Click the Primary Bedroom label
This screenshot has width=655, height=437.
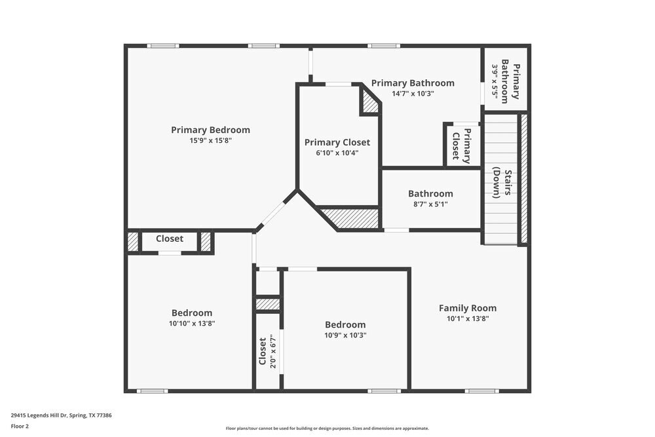click(210, 130)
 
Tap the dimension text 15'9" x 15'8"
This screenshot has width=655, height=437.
click(210, 140)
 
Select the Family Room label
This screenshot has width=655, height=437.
click(467, 308)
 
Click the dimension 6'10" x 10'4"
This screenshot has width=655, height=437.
click(337, 153)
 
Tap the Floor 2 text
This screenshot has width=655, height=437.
click(20, 426)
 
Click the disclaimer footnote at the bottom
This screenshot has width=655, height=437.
click(327, 428)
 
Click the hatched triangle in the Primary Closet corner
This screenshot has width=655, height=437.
click(370, 102)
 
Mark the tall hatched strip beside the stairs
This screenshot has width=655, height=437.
click(523, 179)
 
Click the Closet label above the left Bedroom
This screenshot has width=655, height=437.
click(169, 238)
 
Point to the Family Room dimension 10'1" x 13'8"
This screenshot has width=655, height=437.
click(467, 318)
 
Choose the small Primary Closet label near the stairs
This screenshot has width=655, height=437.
click(462, 145)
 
